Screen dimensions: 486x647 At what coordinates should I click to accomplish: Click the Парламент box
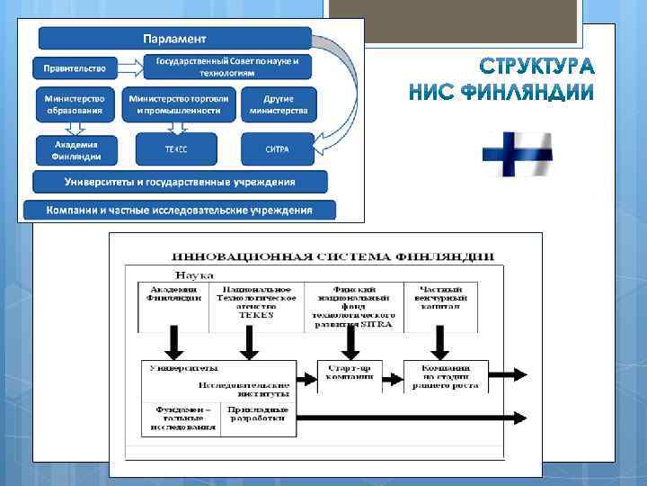coord(175,39)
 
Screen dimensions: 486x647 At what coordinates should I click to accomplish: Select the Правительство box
coord(76,67)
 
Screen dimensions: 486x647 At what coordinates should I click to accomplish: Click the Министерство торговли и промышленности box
coord(179,103)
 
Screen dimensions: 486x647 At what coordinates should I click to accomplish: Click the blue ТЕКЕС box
coord(176,148)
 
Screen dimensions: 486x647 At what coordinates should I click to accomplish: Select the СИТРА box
coord(278,148)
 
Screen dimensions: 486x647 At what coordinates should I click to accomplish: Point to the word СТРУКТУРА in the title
coord(537,67)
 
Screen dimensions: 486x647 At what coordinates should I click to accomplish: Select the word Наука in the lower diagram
coord(193,274)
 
